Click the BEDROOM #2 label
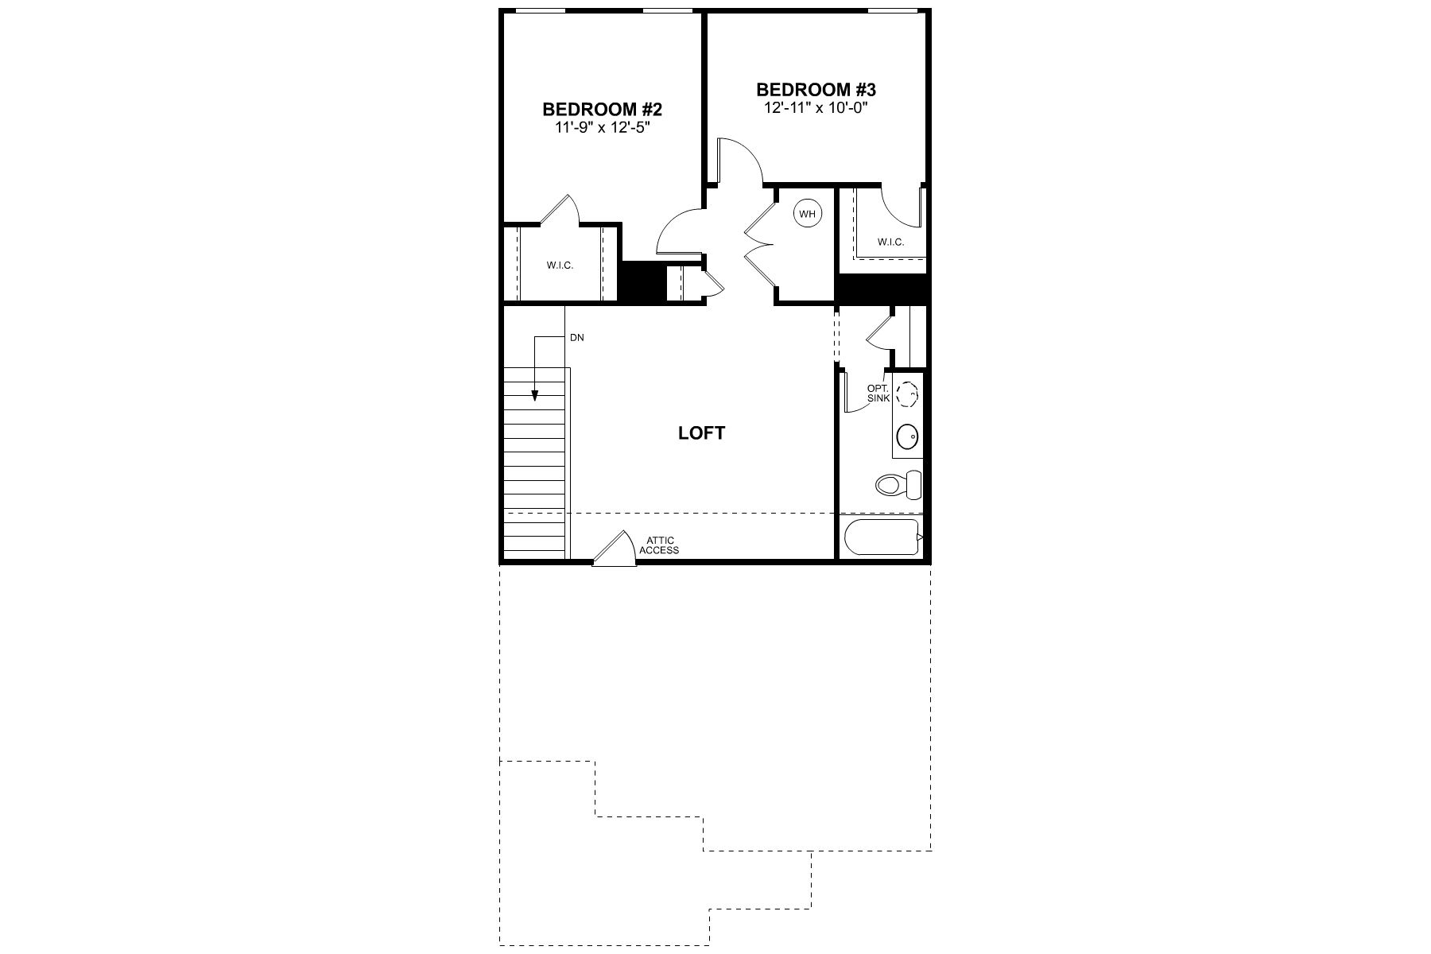[x=602, y=109]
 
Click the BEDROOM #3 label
[x=816, y=90]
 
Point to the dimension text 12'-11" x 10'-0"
[x=816, y=107]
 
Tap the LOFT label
[x=701, y=433]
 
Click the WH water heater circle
[x=807, y=214]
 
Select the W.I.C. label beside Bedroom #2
[x=560, y=266]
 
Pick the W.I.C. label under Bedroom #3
[x=890, y=242]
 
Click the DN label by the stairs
[x=577, y=338]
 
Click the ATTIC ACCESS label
[x=659, y=545]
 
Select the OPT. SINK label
[x=878, y=394]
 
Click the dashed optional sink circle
[x=907, y=393]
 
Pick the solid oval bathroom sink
[x=907, y=436]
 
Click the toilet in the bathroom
[x=898, y=483]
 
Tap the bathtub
[x=882, y=538]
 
